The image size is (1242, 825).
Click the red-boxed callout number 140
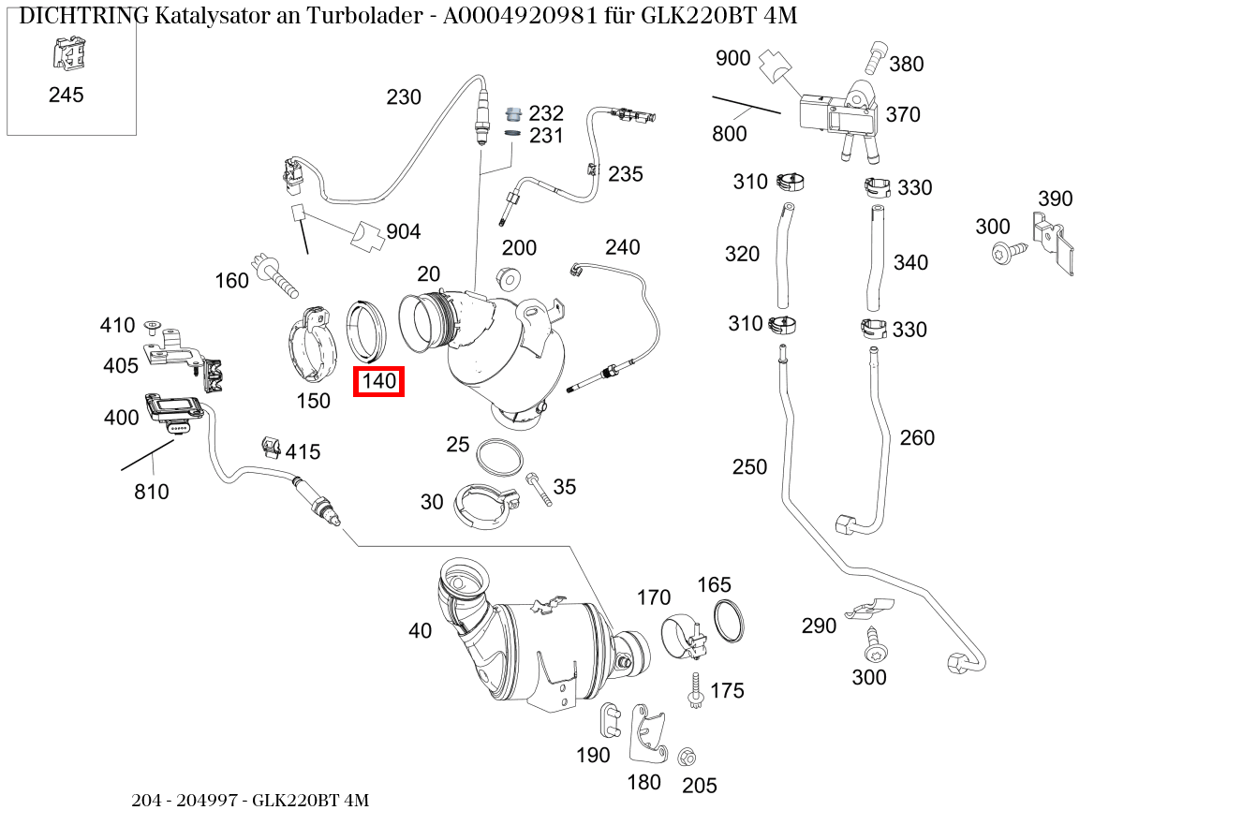378,381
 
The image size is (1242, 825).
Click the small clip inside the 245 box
65,52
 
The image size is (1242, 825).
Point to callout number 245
66,95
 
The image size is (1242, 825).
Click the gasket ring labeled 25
499,457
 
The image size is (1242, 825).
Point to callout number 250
749,466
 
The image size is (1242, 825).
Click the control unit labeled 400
174,410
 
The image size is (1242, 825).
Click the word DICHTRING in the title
83,16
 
